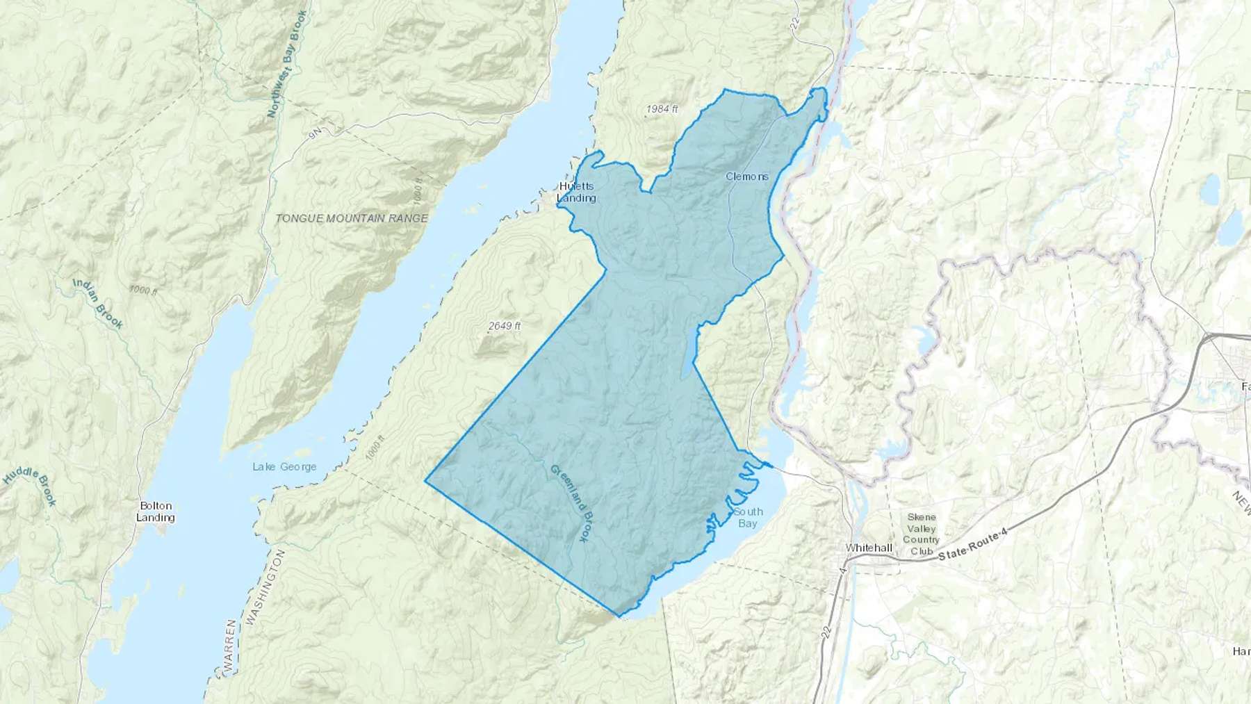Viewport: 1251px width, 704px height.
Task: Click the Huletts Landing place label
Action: pos(576,192)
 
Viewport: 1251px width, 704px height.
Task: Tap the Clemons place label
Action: pos(747,177)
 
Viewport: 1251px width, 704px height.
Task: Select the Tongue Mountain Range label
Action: pos(352,218)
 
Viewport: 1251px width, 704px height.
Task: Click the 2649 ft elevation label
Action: pos(505,326)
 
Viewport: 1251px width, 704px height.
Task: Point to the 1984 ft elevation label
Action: pos(662,109)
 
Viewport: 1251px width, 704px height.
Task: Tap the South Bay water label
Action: pos(748,517)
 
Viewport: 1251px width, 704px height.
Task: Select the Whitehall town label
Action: pos(869,548)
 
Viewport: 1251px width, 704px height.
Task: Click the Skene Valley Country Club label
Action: pos(922,534)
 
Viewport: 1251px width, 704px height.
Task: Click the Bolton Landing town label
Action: pos(155,511)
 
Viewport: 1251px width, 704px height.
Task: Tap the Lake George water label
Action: pos(284,466)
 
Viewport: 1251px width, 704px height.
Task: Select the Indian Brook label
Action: pos(98,304)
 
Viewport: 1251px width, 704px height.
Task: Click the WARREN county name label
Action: pos(231,646)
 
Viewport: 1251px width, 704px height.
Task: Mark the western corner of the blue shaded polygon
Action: pos(425,480)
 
